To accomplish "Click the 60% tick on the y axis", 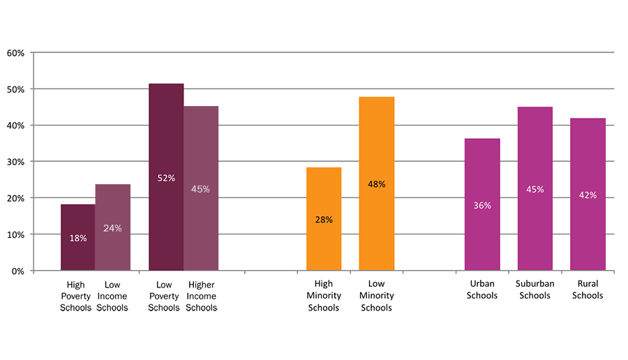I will tap(15, 53).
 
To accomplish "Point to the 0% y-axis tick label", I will tap(18, 271).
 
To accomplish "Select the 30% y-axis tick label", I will tap(15, 162).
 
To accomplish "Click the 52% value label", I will tap(166, 178).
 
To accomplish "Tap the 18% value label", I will tap(78, 238).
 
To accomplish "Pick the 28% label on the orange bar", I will tap(324, 220).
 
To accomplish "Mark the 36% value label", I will tap(482, 206).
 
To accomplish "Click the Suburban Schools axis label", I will tap(534, 290).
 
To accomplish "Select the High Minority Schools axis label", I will tap(324, 296).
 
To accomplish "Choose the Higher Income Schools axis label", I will tap(201, 296).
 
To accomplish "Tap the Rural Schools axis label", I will tap(588, 290).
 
